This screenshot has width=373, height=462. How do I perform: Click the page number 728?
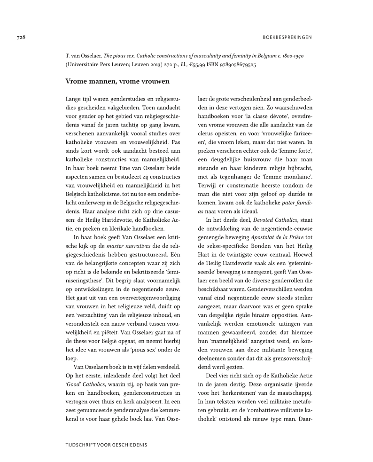(19, 37)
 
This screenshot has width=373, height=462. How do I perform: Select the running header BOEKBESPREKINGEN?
(286, 37)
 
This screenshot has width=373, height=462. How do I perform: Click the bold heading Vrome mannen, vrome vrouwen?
(117, 81)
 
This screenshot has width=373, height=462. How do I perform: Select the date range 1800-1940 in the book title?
(290, 55)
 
